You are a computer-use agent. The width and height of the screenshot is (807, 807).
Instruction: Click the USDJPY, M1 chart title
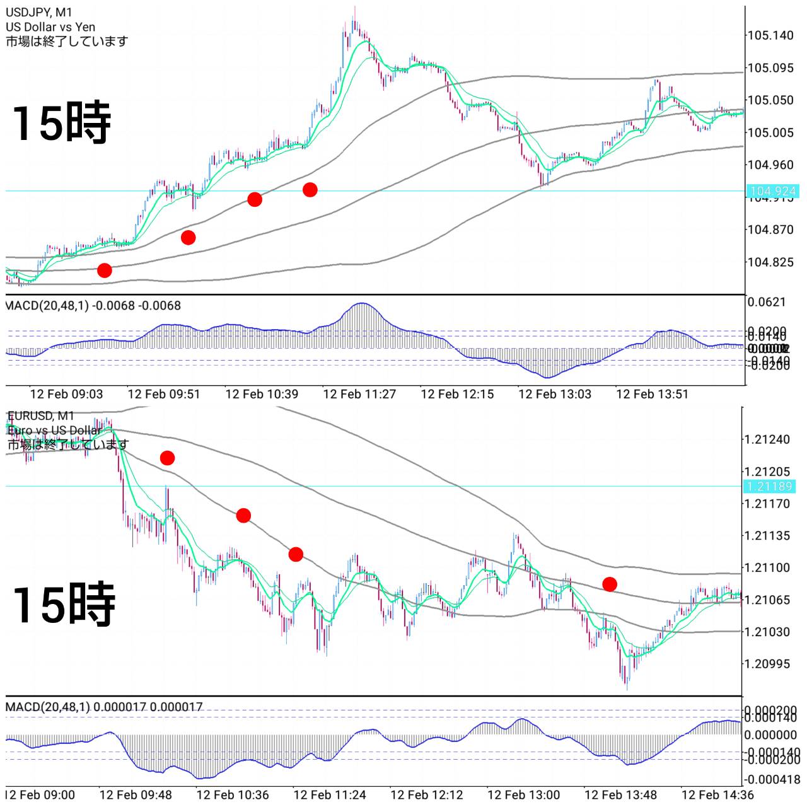point(39,13)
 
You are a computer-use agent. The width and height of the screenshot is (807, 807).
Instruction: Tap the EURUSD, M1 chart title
point(41,415)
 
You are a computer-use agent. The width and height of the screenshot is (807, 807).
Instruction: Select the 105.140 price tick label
point(770,35)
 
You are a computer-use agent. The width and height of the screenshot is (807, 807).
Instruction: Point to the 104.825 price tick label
point(770,262)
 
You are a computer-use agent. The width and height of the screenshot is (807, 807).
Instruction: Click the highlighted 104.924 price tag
point(773,191)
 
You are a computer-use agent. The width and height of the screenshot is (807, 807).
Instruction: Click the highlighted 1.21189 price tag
point(770,486)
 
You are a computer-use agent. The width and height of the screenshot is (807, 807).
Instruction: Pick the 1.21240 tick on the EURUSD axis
point(767,439)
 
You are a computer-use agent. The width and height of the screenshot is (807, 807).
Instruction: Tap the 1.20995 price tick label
point(767,664)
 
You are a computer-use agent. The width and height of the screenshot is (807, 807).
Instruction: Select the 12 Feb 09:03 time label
point(66,394)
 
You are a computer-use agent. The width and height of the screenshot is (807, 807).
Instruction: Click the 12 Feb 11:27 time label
point(359,394)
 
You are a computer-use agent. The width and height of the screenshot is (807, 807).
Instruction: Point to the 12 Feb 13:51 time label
point(652,394)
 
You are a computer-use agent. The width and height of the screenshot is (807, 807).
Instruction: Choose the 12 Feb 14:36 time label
point(717,795)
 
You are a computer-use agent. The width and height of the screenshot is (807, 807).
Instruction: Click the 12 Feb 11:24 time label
point(330,795)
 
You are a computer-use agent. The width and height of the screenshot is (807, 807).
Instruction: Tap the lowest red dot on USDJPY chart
point(105,270)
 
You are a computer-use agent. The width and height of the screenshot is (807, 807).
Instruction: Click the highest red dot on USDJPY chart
point(310,189)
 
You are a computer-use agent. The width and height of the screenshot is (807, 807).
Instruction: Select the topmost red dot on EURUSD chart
point(167,458)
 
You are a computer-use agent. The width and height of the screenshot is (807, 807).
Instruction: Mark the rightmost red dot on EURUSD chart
point(609,584)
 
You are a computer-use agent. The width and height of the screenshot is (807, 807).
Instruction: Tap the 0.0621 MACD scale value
point(767,302)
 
